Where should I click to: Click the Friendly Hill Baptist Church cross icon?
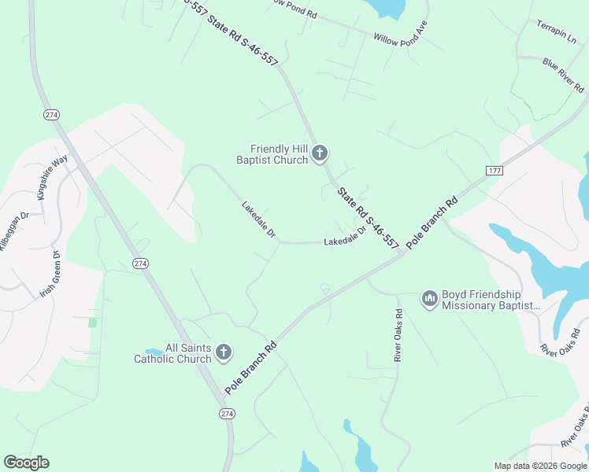pos(320,153)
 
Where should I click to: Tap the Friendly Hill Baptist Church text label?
pos(280,154)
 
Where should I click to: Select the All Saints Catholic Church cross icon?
pos(224,352)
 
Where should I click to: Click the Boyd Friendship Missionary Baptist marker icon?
pos(429,300)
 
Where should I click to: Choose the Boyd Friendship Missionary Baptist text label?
pos(491,300)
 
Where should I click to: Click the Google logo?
pos(26,463)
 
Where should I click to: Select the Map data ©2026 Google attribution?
pos(539,466)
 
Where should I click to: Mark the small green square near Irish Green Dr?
pos(92,323)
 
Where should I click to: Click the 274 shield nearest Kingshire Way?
pos(52,115)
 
